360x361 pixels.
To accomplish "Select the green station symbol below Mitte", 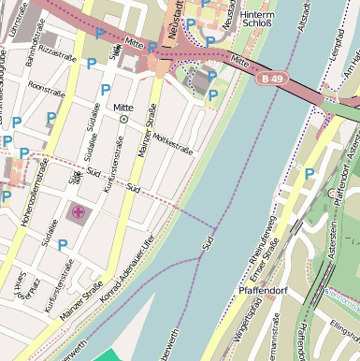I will point(123,119).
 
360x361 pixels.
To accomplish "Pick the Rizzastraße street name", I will point(55,55).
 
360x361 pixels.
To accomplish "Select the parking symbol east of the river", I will point(310,173).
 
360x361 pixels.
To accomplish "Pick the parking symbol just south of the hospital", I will point(63,244).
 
